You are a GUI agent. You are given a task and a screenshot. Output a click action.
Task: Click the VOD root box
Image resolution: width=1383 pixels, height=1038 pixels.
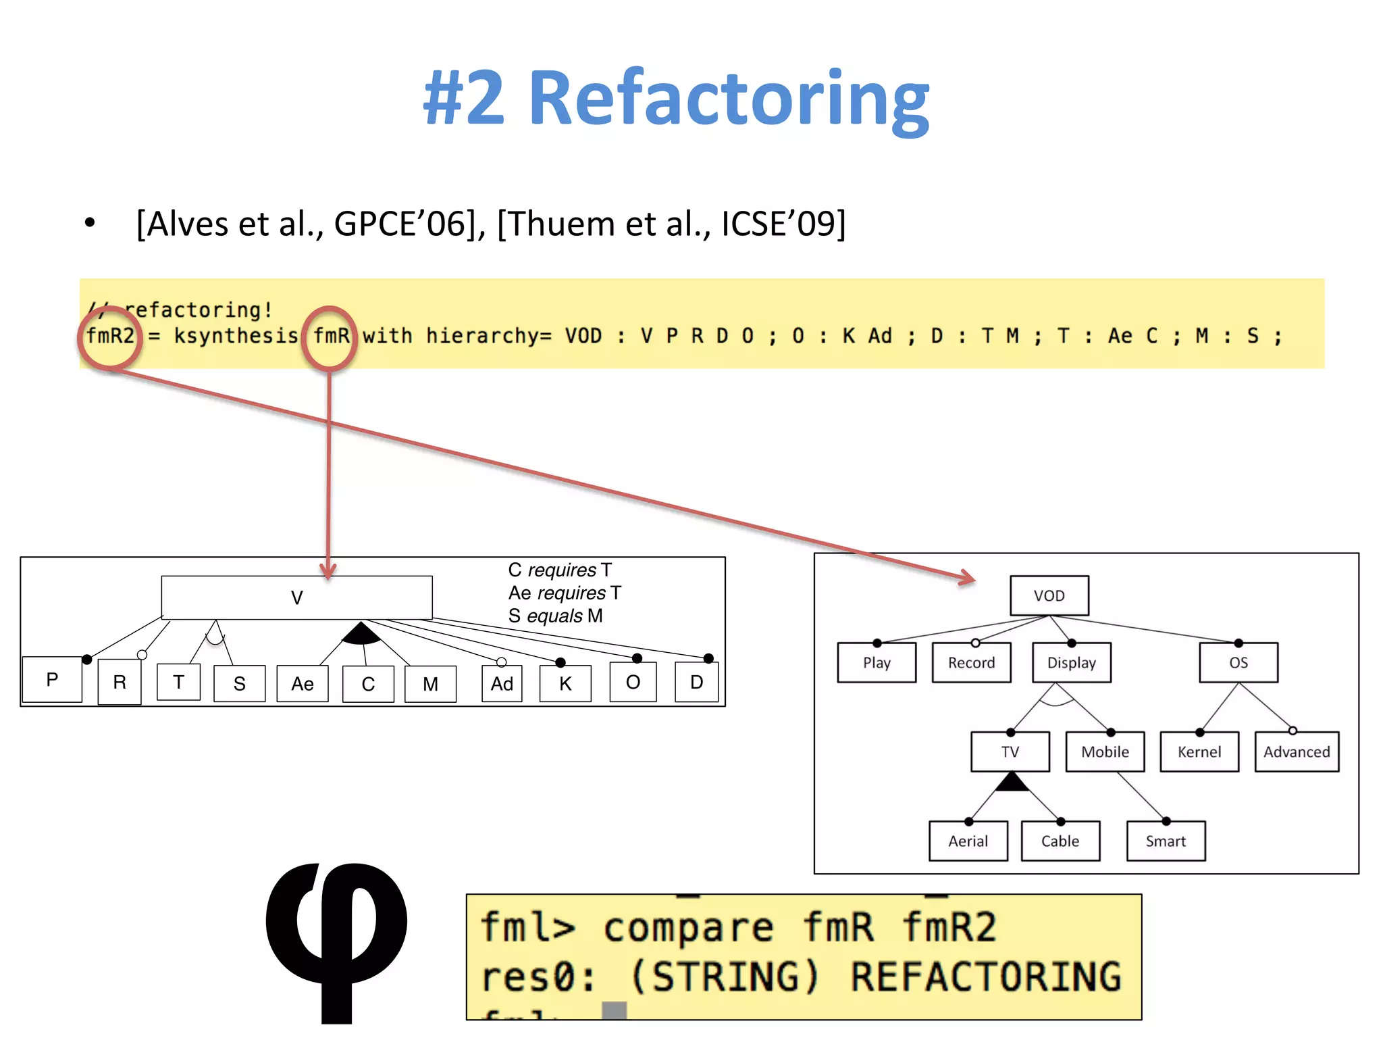coord(1049,595)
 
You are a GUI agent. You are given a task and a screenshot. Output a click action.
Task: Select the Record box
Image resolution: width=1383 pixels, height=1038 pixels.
coord(971,662)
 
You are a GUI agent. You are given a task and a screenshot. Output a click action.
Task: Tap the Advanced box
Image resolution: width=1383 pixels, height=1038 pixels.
coord(1296,751)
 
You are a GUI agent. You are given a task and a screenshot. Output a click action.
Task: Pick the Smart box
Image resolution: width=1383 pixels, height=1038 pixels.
coord(1166,841)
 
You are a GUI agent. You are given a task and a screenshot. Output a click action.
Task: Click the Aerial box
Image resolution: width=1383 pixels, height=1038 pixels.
coord(968,841)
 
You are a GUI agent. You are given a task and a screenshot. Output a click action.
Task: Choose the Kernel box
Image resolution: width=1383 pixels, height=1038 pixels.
coord(1199,751)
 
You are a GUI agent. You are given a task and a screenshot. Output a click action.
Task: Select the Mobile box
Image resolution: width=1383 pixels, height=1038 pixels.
coord(1105,751)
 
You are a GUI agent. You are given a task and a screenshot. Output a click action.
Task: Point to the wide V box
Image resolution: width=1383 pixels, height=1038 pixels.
coord(296,597)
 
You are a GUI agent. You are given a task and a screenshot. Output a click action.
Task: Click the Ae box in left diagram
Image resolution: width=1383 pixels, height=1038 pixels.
coord(303,684)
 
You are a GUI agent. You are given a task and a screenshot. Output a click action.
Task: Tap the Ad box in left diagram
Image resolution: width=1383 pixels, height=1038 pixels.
coord(502,684)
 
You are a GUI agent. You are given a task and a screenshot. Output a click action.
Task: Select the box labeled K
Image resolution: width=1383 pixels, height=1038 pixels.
coord(565,684)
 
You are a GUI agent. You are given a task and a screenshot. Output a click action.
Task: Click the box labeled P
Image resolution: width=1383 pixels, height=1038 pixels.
coord(52,679)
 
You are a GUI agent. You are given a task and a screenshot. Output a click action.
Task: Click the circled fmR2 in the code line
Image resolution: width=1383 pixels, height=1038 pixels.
coord(110,336)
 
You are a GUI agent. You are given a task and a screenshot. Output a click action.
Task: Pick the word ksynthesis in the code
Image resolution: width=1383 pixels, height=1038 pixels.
coord(236,336)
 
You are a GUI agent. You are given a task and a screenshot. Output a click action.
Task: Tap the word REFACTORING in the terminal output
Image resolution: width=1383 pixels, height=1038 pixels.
coord(985,977)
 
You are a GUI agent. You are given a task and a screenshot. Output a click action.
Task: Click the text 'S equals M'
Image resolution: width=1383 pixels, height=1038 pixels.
coord(555,616)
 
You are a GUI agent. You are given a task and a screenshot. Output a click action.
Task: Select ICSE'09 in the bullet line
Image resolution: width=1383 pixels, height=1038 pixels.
coord(783,224)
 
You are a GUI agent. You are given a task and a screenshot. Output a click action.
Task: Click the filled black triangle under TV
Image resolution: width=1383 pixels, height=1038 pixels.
coord(1011,783)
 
